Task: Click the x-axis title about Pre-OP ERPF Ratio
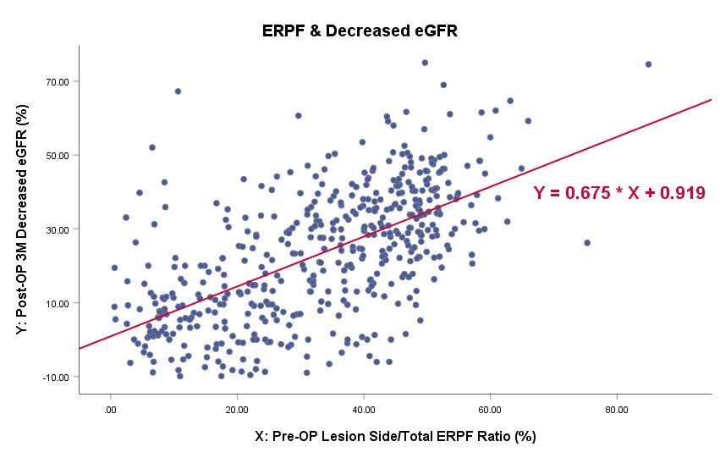(395, 437)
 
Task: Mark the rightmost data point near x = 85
(648, 64)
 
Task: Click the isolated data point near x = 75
(587, 243)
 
